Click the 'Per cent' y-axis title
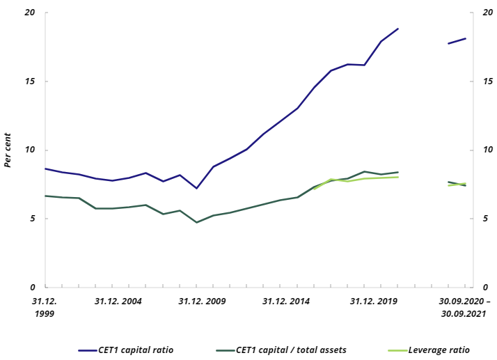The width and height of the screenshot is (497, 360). tap(8, 150)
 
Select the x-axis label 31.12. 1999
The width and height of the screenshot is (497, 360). tap(45, 308)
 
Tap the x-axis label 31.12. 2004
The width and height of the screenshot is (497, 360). tap(118, 302)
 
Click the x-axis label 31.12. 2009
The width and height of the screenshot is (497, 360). tap(202, 302)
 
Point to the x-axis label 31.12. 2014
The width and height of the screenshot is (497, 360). tap(286, 302)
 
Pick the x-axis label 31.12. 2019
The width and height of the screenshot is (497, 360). tap(374, 302)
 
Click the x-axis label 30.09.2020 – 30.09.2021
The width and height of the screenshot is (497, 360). tap(464, 308)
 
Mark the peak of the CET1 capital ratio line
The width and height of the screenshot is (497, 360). tap(398, 29)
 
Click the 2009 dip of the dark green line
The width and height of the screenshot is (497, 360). tap(196, 222)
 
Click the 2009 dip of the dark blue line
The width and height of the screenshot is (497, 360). tap(196, 188)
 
